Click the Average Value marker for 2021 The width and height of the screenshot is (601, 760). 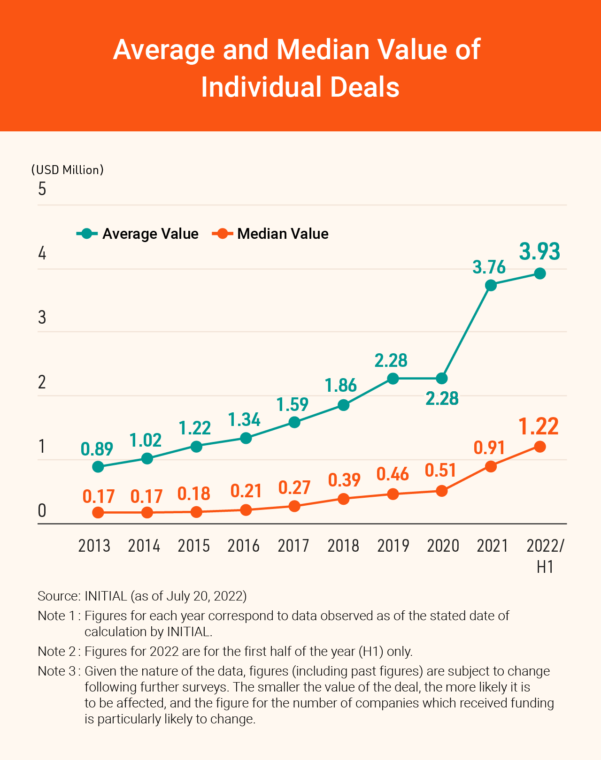point(491,285)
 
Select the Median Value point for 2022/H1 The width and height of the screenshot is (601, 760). point(540,447)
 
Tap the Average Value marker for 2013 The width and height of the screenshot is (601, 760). point(98,467)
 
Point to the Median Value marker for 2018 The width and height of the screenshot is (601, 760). point(344,499)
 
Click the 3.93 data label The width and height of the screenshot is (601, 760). point(540,251)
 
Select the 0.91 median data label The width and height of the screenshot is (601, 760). point(489,448)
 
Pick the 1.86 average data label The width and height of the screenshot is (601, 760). point(341,385)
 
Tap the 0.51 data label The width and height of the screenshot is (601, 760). point(440,470)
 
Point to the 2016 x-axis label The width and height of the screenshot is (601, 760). point(244,546)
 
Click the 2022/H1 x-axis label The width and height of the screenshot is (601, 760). point(545,556)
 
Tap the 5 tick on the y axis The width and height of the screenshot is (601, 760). point(42,189)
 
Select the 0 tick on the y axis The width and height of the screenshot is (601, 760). point(42,510)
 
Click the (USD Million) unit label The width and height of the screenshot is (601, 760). point(67,170)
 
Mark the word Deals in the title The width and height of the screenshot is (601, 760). point(364,87)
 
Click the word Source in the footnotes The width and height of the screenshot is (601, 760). point(58,596)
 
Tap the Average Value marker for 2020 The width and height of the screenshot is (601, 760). point(441,378)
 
